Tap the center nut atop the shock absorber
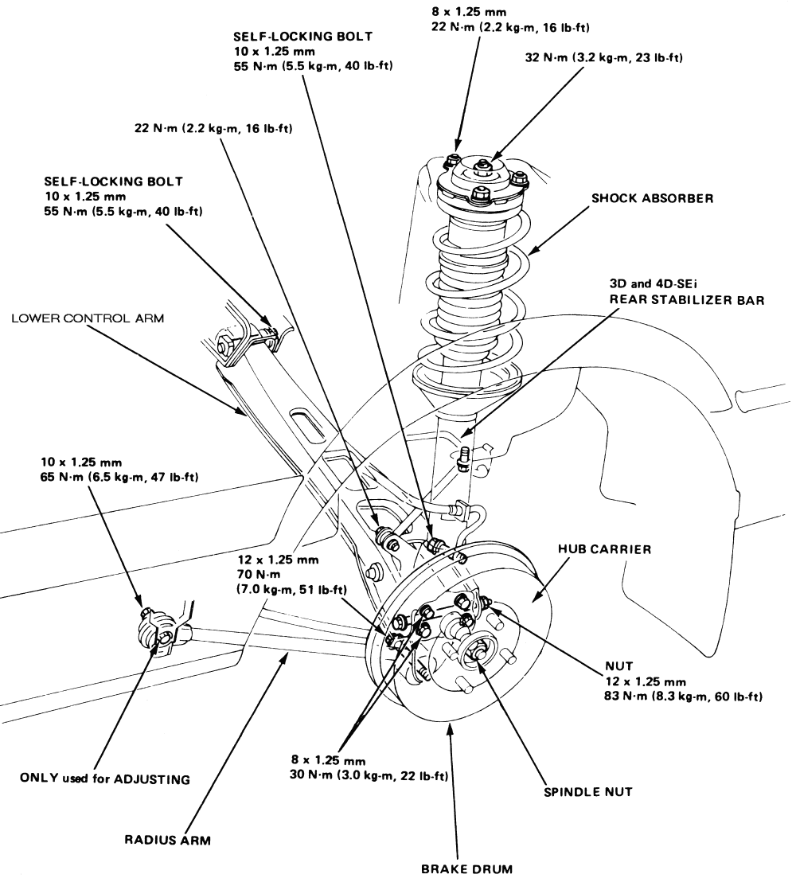click(x=483, y=167)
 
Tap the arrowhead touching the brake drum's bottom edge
click(x=452, y=728)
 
